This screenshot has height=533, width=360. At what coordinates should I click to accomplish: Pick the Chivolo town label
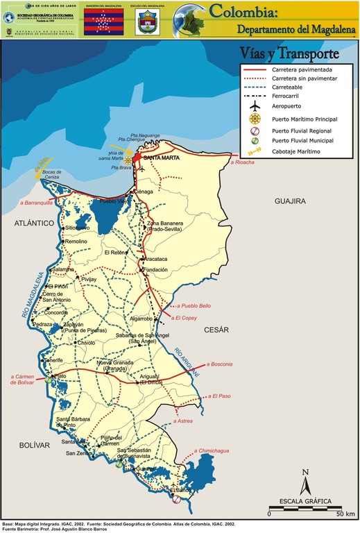pyautogui.click(x=86, y=343)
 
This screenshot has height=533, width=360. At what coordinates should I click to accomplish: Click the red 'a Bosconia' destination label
pyautogui.click(x=223, y=364)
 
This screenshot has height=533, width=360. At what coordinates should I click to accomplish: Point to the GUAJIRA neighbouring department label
pyautogui.click(x=290, y=201)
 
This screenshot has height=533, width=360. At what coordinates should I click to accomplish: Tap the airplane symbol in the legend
pyautogui.click(x=256, y=107)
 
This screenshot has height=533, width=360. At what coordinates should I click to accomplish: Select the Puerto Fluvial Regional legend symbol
pyautogui.click(x=256, y=130)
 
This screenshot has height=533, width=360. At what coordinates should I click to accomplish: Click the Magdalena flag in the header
pyautogui.click(x=103, y=22)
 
